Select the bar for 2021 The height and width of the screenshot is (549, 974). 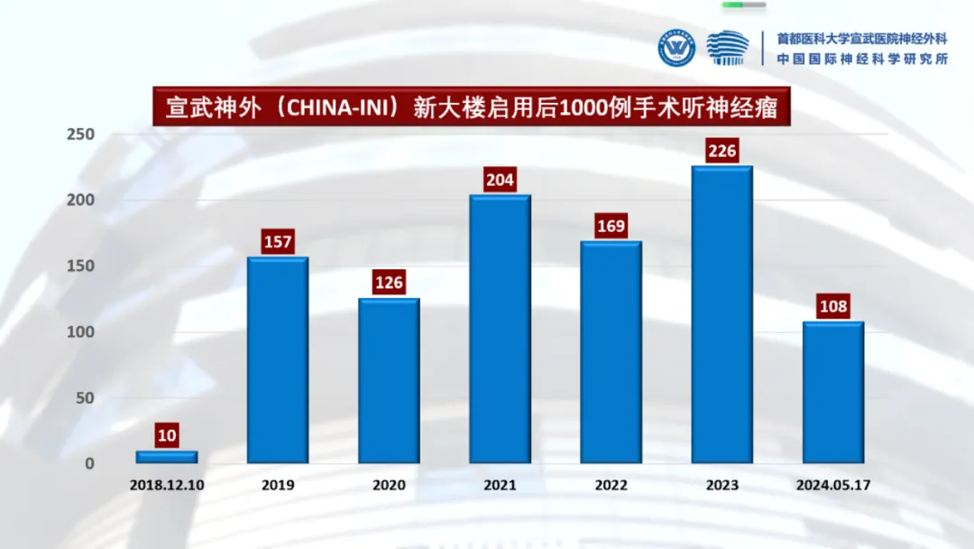pyautogui.click(x=500, y=329)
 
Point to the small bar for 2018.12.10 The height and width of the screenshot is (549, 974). pyautogui.click(x=167, y=457)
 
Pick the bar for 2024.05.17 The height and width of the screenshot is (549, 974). pyautogui.click(x=833, y=392)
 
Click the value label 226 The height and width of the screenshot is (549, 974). pyautogui.click(x=721, y=151)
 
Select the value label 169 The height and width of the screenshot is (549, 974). pyautogui.click(x=611, y=226)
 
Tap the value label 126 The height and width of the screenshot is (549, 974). pyautogui.click(x=389, y=283)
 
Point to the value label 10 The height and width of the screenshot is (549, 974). pyautogui.click(x=167, y=436)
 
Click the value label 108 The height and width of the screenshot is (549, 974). pyautogui.click(x=833, y=306)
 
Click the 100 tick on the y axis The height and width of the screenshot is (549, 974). pyautogui.click(x=81, y=332)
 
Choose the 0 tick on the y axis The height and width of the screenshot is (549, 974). pyautogui.click(x=89, y=463)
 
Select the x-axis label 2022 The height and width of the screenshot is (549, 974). pyautogui.click(x=611, y=485)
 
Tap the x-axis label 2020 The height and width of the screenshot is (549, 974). pyautogui.click(x=389, y=485)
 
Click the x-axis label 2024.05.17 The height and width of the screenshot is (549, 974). pyautogui.click(x=833, y=485)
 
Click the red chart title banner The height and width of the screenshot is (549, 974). pyautogui.click(x=471, y=107)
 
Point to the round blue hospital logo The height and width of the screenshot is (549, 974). pyautogui.click(x=676, y=49)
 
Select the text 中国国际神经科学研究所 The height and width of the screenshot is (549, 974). pyautogui.click(x=862, y=59)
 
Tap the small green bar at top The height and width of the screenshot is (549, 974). pyautogui.click(x=745, y=5)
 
